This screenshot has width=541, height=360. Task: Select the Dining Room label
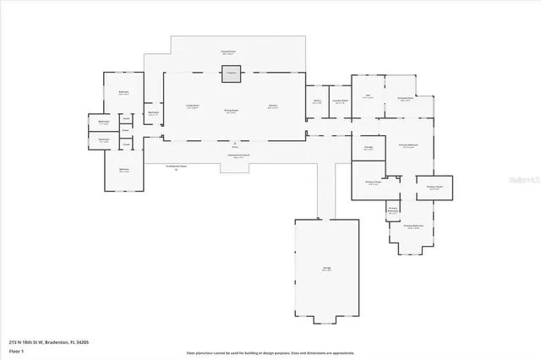point(230,112)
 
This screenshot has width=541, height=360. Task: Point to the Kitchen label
point(273,106)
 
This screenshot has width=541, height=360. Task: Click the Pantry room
point(316,104)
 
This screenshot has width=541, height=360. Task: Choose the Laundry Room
point(340,103)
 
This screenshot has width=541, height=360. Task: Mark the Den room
point(369,98)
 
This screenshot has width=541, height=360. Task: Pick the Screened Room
point(406,99)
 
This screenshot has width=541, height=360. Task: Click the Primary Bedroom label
point(407,145)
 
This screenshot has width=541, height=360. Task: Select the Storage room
point(369,149)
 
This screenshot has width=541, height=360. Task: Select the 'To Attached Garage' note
point(177,167)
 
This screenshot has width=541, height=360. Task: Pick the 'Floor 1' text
point(15,350)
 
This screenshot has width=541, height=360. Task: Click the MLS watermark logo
point(524,181)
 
